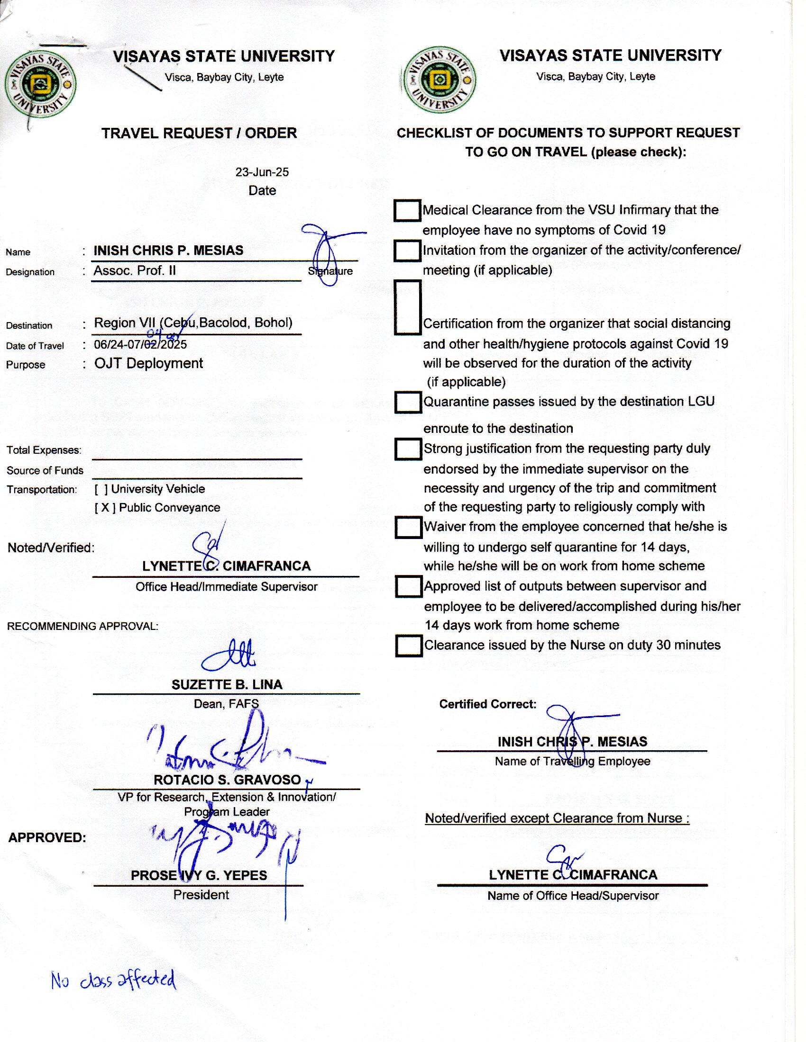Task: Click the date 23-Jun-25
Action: pyautogui.click(x=262, y=172)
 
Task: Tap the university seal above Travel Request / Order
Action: pyautogui.click(x=40, y=84)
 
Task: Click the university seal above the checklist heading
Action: pyautogui.click(x=440, y=80)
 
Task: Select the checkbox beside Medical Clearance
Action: pyautogui.click(x=407, y=210)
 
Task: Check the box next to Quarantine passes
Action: pyautogui.click(x=408, y=402)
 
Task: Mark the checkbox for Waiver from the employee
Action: pyautogui.click(x=408, y=527)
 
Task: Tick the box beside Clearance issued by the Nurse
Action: pyautogui.click(x=409, y=646)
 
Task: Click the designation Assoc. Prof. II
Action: pyautogui.click(x=135, y=270)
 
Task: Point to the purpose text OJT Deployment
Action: pyautogui.click(x=148, y=363)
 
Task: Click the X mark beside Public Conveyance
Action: pyautogui.click(x=105, y=508)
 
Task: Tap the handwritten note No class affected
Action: pyautogui.click(x=113, y=980)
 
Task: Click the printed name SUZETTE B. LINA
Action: pyautogui.click(x=227, y=685)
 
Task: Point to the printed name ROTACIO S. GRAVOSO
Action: pyautogui.click(x=227, y=780)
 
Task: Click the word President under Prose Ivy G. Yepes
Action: pyautogui.click(x=201, y=895)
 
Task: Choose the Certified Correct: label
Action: pyautogui.click(x=487, y=704)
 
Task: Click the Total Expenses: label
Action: pyautogui.click(x=44, y=450)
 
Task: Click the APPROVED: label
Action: pyautogui.click(x=47, y=837)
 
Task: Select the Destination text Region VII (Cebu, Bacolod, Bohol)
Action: pyautogui.click(x=193, y=323)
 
